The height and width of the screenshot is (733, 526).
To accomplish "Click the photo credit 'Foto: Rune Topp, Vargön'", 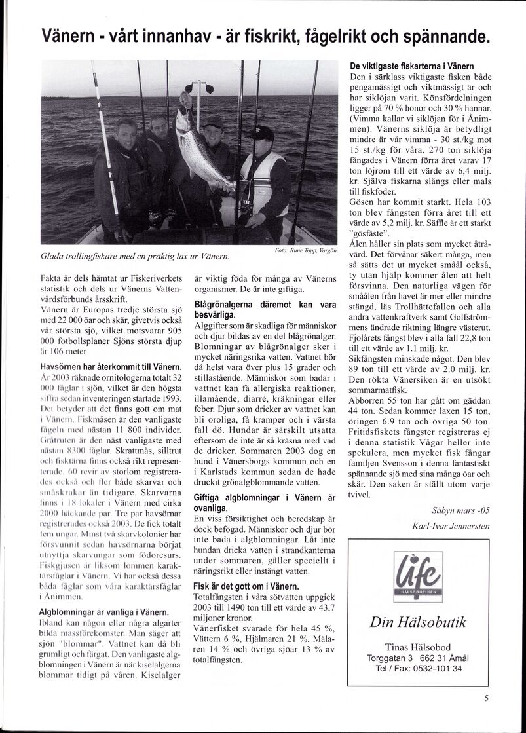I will click(306, 251).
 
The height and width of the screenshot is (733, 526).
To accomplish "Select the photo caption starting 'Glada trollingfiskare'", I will click(134, 255).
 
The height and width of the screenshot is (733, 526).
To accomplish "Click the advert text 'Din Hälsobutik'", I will click(418, 622).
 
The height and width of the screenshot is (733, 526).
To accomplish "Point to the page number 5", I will click(486, 698).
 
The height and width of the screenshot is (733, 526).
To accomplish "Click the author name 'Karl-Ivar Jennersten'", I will click(451, 526).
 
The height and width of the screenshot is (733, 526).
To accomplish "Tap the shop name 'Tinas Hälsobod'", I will click(418, 646).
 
